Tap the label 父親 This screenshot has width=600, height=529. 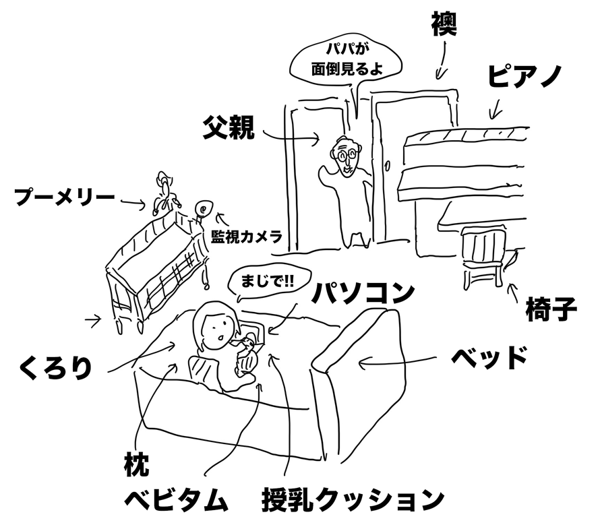pyautogui.click(x=229, y=127)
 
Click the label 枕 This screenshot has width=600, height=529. pyautogui.click(x=136, y=464)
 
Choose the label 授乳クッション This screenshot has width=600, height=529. pyautogui.click(x=353, y=500)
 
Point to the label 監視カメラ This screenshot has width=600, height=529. pyautogui.click(x=245, y=236)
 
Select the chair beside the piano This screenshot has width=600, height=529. pyautogui.click(x=483, y=256)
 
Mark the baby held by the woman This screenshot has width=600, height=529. pyautogui.click(x=247, y=354)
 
